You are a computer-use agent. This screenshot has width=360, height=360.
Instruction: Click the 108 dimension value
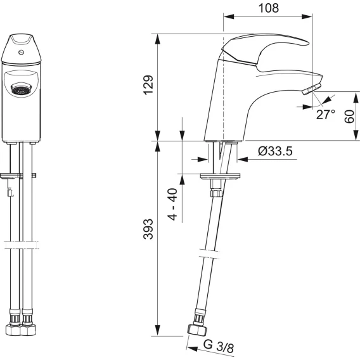click(x=269, y=8)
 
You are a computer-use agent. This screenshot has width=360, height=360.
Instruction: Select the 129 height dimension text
click(x=148, y=84)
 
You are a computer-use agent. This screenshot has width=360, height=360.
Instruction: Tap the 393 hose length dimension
click(x=148, y=229)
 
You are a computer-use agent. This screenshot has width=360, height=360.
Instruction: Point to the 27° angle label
click(x=325, y=115)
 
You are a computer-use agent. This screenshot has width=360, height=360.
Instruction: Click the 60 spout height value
click(x=349, y=117)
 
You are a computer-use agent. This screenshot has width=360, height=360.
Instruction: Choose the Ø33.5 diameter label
click(x=275, y=151)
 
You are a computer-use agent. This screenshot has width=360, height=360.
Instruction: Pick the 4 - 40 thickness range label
click(x=172, y=204)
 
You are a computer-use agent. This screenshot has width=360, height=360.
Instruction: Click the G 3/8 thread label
click(x=218, y=346)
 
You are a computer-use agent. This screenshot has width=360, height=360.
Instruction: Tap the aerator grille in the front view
click(x=21, y=89)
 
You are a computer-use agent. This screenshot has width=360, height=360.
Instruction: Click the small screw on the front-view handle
click(x=21, y=53)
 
